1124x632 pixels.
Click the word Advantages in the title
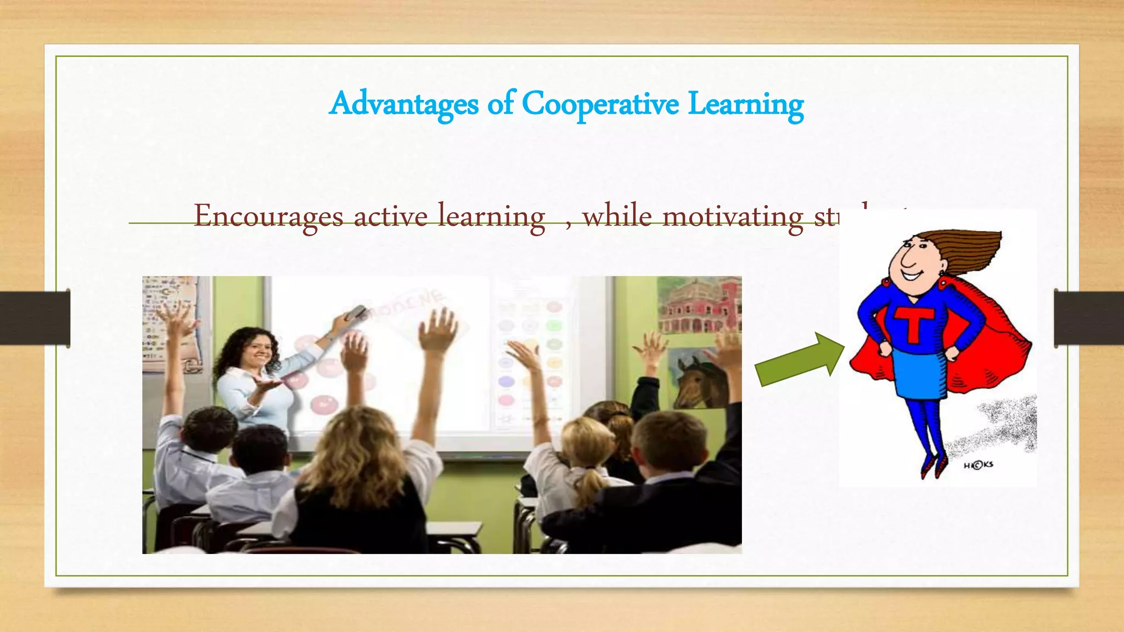pos(404,104)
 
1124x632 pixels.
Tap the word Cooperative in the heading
pos(600,104)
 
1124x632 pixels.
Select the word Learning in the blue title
pos(745,104)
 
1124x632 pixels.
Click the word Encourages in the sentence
pos(268,216)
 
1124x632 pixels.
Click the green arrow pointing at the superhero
pos(799,360)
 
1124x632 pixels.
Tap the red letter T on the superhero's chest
pos(914,324)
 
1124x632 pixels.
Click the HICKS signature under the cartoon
pos(978,465)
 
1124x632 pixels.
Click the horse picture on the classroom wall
pos(696,379)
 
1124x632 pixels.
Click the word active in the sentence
pos(390,216)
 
